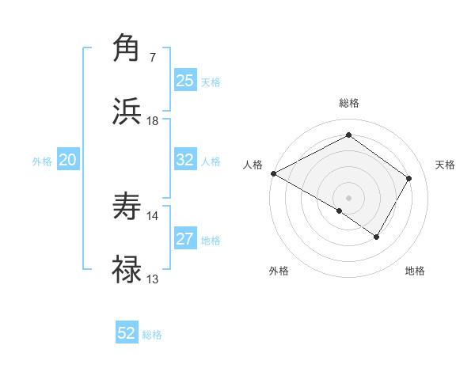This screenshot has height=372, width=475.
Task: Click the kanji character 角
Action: [127, 49]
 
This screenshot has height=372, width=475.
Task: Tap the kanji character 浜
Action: [127, 112]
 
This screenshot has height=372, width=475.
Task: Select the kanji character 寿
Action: [127, 208]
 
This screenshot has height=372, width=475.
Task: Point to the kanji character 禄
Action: [127, 270]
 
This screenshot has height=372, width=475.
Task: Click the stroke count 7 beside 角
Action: [153, 58]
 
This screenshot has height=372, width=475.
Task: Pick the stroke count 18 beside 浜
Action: [153, 121]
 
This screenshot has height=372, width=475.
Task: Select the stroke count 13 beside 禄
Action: [153, 279]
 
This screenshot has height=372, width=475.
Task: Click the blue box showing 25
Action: [184, 81]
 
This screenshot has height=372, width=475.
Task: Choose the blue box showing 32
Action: [184, 160]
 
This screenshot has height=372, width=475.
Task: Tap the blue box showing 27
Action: [184, 239]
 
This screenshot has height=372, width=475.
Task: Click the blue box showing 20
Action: [67, 160]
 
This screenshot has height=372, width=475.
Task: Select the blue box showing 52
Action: [127, 333]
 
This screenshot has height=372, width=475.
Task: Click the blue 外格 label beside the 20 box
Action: [42, 161]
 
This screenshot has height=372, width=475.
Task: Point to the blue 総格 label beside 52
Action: [152, 335]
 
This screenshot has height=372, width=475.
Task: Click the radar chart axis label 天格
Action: [445, 165]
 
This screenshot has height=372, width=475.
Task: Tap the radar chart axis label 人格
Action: [253, 165]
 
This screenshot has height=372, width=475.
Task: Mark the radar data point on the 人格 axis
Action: [272, 173]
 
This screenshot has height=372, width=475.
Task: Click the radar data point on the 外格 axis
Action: [340, 211]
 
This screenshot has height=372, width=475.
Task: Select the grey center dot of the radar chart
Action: [348, 197]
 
